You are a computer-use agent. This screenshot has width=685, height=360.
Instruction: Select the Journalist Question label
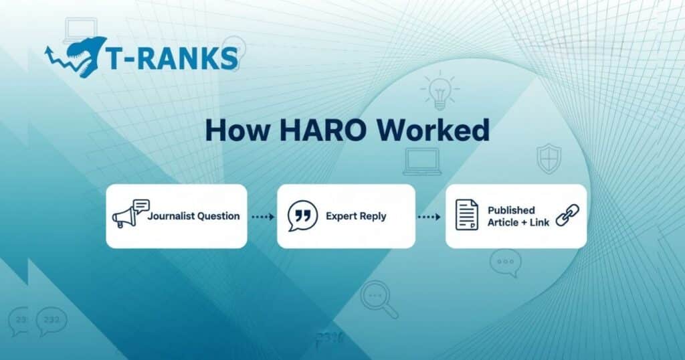click(193, 216)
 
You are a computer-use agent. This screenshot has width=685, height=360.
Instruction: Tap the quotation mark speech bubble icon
click(302, 215)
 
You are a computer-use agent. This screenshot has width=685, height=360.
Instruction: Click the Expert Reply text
click(356, 216)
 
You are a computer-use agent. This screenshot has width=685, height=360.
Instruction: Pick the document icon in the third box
click(466, 215)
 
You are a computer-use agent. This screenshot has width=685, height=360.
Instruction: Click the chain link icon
click(567, 215)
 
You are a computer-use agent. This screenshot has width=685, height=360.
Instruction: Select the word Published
click(510, 210)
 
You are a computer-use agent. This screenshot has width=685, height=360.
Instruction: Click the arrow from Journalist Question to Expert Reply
click(263, 217)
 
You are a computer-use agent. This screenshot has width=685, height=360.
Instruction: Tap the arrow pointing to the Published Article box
click(429, 217)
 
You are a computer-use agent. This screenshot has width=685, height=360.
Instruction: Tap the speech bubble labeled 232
click(52, 321)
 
